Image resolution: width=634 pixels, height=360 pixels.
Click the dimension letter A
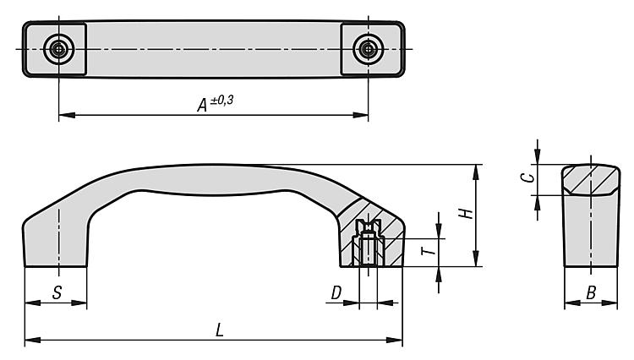[202, 105]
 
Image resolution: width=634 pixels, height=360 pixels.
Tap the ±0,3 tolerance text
[221, 100]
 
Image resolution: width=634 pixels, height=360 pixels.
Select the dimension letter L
[220, 330]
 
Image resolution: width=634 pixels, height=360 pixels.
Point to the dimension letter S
[57, 292]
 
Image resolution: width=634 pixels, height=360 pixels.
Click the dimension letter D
[336, 292]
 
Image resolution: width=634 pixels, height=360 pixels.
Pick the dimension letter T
[429, 251]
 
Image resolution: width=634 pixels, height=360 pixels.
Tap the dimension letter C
[527, 177]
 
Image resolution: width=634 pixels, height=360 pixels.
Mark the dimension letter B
[591, 292]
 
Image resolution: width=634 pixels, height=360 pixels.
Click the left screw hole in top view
[59, 49]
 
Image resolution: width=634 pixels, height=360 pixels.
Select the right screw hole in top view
[368, 49]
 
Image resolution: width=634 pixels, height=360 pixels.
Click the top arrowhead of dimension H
[476, 172]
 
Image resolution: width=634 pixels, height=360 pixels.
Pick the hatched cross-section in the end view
[591, 180]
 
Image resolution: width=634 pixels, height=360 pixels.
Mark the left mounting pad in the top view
[55, 49]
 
